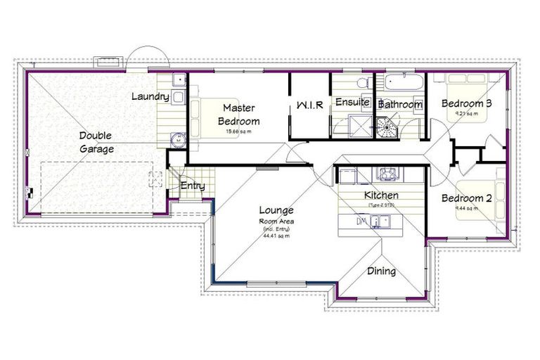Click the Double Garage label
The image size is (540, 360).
pyautogui.click(x=96, y=142)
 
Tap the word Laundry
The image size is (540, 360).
pyautogui.click(x=150, y=96)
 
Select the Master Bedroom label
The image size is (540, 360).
pyautogui.click(x=238, y=115)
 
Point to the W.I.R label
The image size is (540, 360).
pyautogui.click(x=309, y=105)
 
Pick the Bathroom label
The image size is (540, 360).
pyautogui.click(x=401, y=105)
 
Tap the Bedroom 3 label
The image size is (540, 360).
pyautogui.click(x=466, y=104)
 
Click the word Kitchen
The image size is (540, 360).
pyautogui.click(x=381, y=195)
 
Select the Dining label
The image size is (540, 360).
pyautogui.click(x=381, y=271)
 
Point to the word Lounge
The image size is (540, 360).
pyautogui.click(x=276, y=210)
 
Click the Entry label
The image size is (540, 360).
pyautogui.click(x=193, y=186)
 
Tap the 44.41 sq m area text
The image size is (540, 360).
pyautogui.click(x=276, y=236)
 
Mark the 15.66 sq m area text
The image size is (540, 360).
pyautogui.click(x=238, y=131)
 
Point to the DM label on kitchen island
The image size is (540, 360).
pyautogui.click(x=362, y=222)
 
